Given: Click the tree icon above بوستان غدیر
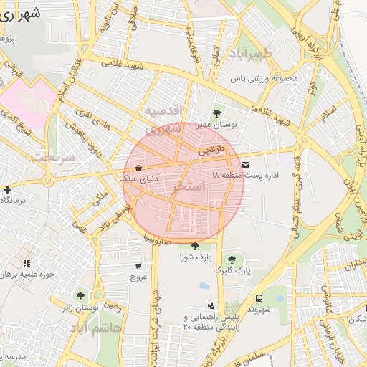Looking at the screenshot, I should [x=217, y=112].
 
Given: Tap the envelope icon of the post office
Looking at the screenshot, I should [x=246, y=164].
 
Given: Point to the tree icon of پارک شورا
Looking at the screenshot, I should [x=195, y=246].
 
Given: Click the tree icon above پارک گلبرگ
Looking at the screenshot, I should [x=231, y=259].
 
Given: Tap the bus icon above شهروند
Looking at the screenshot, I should [x=257, y=298].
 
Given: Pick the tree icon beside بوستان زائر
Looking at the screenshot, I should [x=80, y=295].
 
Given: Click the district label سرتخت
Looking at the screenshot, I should [x=56, y=156].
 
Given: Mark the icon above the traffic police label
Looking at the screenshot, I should [x=211, y=305].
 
